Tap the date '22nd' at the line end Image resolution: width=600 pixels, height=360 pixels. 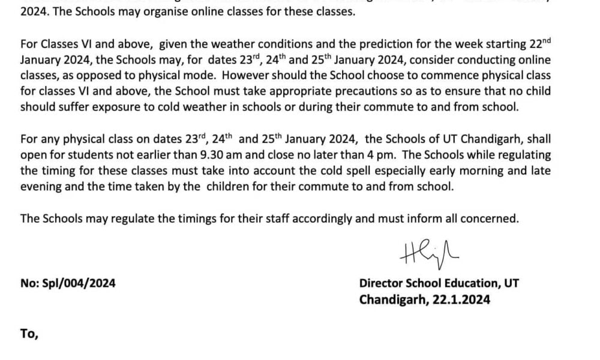(538, 45)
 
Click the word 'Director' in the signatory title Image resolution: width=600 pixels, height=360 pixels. (381, 283)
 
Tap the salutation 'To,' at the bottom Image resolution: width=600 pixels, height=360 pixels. (29, 334)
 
